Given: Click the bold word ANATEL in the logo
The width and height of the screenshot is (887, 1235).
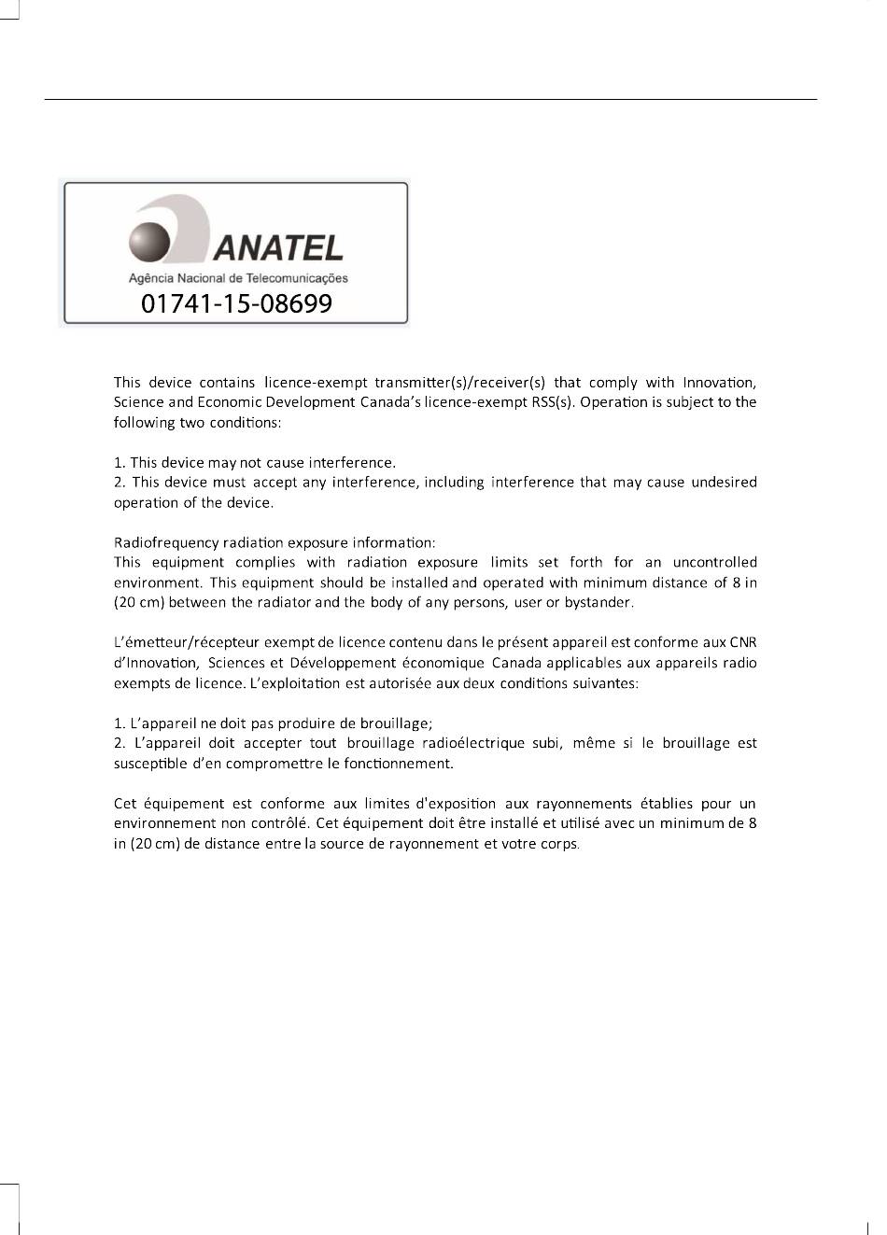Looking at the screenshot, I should [x=278, y=247].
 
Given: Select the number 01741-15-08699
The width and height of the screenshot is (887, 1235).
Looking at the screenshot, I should [x=236, y=303].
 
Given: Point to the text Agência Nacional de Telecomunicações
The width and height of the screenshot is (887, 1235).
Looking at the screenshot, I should [x=237, y=277].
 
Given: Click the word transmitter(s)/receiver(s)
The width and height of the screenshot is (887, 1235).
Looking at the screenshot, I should [x=459, y=383].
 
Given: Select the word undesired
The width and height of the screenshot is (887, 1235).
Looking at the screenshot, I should [x=724, y=483].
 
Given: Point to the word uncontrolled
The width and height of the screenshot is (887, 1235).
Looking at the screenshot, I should [x=714, y=562].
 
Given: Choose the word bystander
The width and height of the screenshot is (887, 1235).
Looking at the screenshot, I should [x=598, y=602].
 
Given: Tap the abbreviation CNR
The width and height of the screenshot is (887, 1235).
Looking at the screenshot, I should [x=743, y=642].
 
